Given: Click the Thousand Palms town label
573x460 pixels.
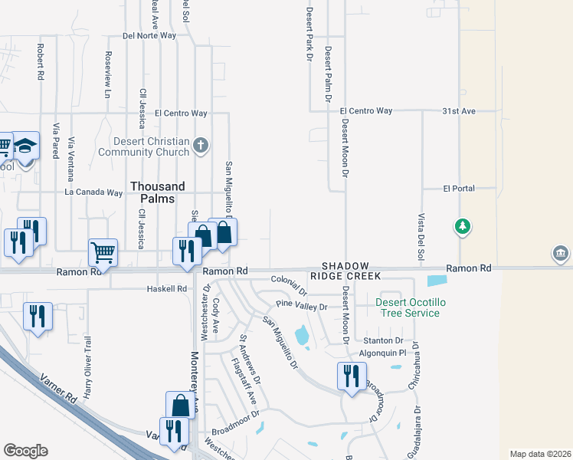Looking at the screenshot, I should (x=157, y=192).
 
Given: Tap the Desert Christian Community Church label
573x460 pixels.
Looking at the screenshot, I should (x=152, y=146).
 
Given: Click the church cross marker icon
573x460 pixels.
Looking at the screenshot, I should (x=201, y=145).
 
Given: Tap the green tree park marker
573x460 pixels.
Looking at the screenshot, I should (x=462, y=226).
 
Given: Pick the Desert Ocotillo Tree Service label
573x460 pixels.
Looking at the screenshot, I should (x=408, y=307).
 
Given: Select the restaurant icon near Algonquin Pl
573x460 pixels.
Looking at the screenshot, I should (x=352, y=376).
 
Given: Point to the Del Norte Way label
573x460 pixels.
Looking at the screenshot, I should (x=149, y=36).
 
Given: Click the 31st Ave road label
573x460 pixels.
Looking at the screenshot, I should (x=459, y=111).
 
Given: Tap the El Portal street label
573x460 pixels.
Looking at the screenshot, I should (x=459, y=188).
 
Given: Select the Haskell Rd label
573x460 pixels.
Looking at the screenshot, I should (x=166, y=289).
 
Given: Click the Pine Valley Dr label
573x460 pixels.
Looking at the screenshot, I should (x=301, y=307).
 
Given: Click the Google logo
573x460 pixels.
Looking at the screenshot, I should (x=25, y=451).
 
